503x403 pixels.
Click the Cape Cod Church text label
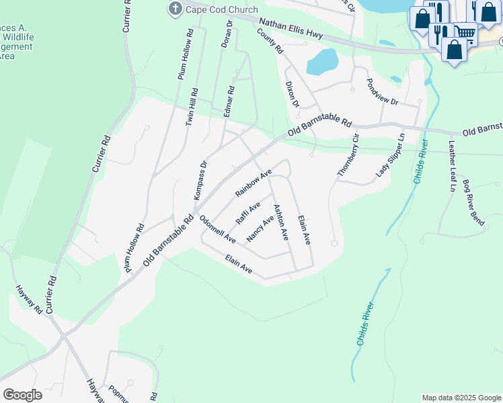click(223, 9)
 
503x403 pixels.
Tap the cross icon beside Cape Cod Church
click(176, 9)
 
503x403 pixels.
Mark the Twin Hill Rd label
click(192, 107)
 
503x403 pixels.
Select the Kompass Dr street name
click(200, 178)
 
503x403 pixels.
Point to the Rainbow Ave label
click(253, 183)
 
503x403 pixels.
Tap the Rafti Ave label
click(247, 213)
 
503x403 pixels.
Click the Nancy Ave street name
click(260, 228)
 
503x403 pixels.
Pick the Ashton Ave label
click(280, 223)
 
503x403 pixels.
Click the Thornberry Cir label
click(348, 155)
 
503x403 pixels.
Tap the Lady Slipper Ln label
click(391, 154)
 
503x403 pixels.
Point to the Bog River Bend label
click(473, 202)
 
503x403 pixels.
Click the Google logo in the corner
click(22, 394)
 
